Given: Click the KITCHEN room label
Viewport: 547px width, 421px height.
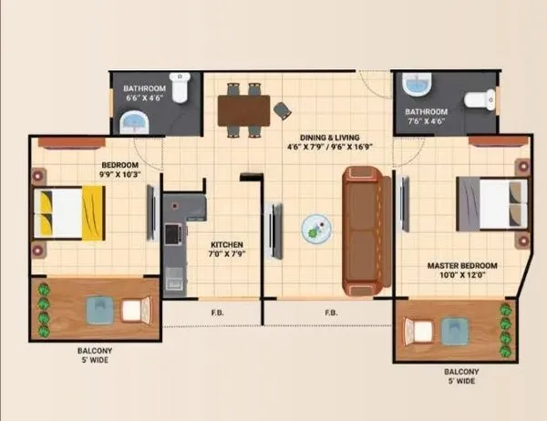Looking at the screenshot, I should click(x=225, y=245).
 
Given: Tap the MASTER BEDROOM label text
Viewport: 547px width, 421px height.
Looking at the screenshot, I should click(x=462, y=267).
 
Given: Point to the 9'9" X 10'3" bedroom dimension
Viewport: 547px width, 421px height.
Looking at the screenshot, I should click(x=119, y=176).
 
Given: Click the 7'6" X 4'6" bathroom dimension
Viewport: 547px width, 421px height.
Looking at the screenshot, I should click(x=426, y=120).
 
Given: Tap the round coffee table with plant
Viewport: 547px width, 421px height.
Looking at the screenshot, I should click(x=316, y=229).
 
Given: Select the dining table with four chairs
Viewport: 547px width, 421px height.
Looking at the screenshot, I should click(x=243, y=110).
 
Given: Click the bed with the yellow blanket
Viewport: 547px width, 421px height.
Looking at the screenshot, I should click(x=69, y=212).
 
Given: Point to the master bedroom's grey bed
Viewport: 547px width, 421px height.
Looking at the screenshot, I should click(x=490, y=204).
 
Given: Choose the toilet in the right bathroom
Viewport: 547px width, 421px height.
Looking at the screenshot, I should click(x=480, y=98).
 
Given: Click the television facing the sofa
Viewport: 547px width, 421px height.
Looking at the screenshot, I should click(x=273, y=231).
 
